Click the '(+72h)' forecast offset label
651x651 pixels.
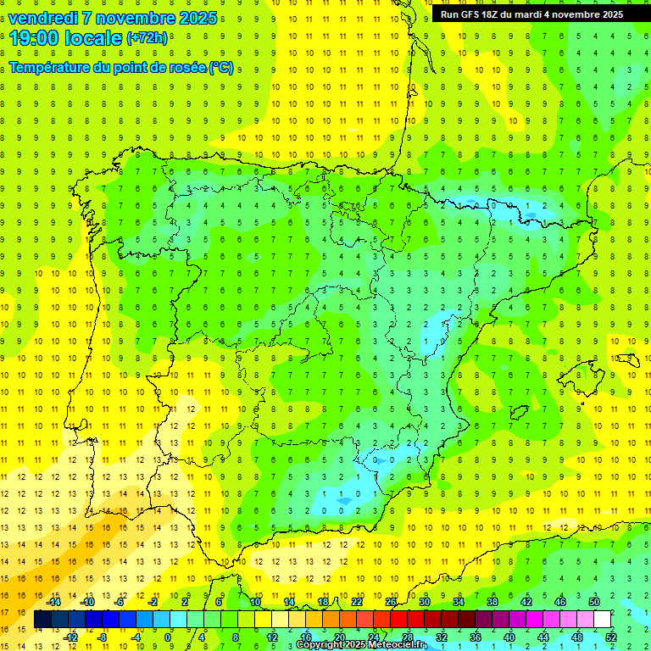point(147,38)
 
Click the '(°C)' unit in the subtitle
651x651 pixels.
point(221,66)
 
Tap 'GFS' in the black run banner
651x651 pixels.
point(472,14)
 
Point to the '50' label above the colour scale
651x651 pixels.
point(593,601)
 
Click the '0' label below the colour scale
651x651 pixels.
point(169,637)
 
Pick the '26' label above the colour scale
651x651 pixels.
point(391,601)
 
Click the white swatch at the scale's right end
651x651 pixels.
point(602,620)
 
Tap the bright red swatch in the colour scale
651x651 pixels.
point(399,620)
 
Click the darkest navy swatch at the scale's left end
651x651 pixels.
point(43,620)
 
